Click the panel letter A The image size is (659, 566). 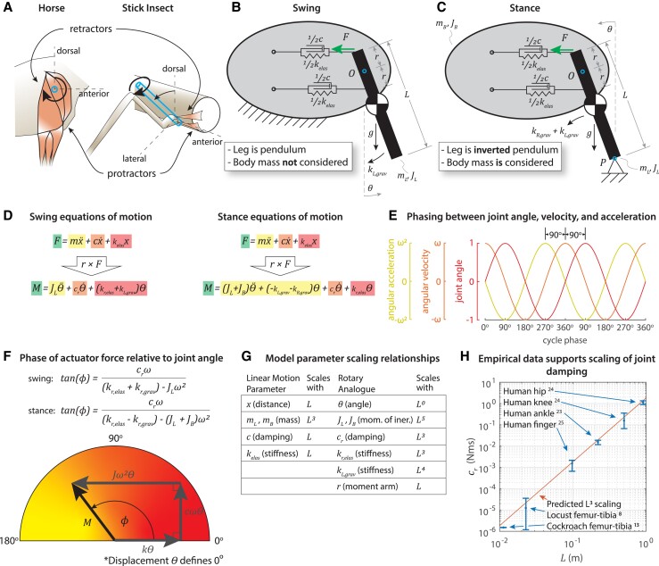coord(10,10)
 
